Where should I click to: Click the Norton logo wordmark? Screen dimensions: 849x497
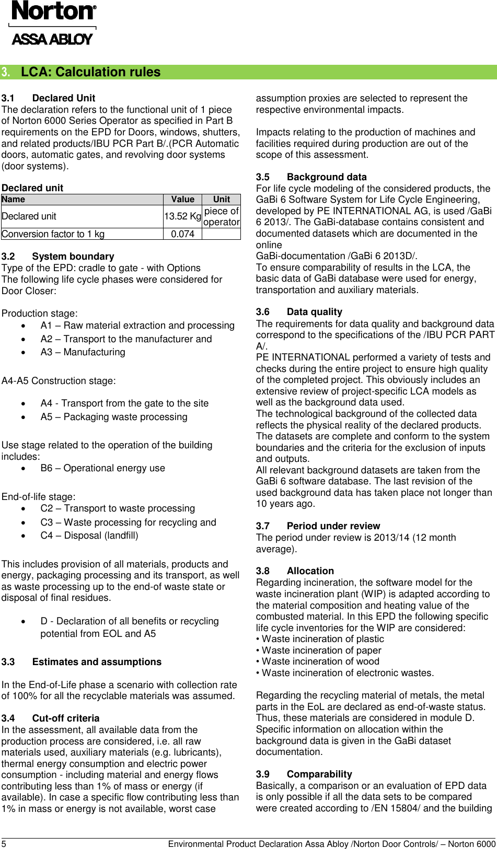point(53,11)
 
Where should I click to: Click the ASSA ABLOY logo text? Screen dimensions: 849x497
point(52,39)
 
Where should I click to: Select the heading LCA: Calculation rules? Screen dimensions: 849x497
point(90,72)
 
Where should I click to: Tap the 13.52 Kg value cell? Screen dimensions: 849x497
point(182,216)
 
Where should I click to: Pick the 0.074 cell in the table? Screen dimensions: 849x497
point(182,234)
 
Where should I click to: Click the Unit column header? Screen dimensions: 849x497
point(221,199)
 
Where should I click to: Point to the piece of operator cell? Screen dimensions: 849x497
point(221,216)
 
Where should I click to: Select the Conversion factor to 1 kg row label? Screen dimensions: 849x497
point(53,234)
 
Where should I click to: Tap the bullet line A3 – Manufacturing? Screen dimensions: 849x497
point(83,352)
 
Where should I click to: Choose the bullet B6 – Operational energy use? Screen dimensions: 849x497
point(102,468)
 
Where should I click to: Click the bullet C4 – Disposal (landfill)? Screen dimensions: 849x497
point(89,536)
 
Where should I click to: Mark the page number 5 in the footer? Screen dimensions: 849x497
point(4,844)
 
